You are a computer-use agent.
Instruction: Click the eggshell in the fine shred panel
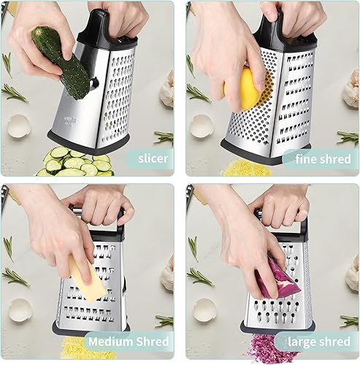(x=201, y=128)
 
